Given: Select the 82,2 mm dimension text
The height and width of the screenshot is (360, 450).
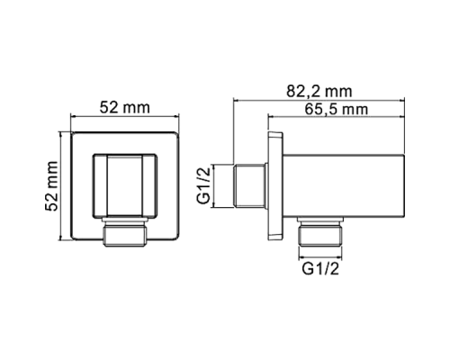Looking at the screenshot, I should pyautogui.click(x=319, y=92).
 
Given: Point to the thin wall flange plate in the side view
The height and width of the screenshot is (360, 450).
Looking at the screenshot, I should pyautogui.click(x=274, y=185).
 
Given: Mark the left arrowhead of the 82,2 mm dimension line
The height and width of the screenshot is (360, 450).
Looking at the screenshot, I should pyautogui.click(x=237, y=101).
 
